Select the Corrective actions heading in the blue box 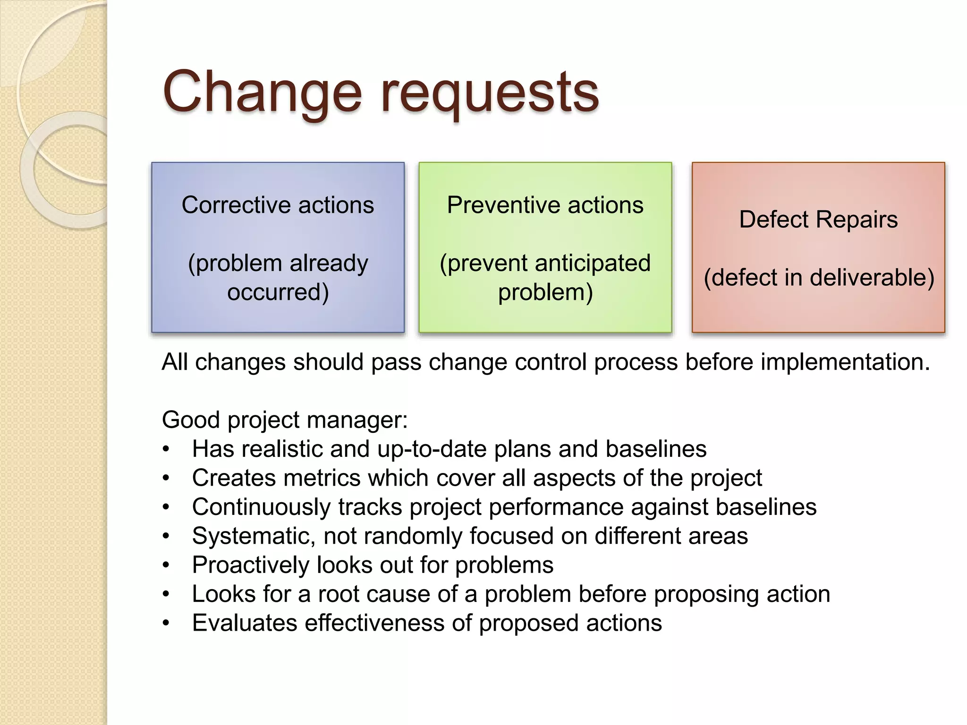pos(278,205)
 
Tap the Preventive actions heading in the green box pos(545,205)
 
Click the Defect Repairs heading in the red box pos(818,219)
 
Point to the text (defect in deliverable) pos(818,278)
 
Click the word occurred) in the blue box pos(278,292)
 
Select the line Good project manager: pos(284,420)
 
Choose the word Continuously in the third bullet pos(261,507)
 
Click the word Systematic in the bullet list pos(253,536)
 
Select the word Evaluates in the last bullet pos(244,623)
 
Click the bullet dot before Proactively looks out pos(165,565)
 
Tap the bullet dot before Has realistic pos(165,449)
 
